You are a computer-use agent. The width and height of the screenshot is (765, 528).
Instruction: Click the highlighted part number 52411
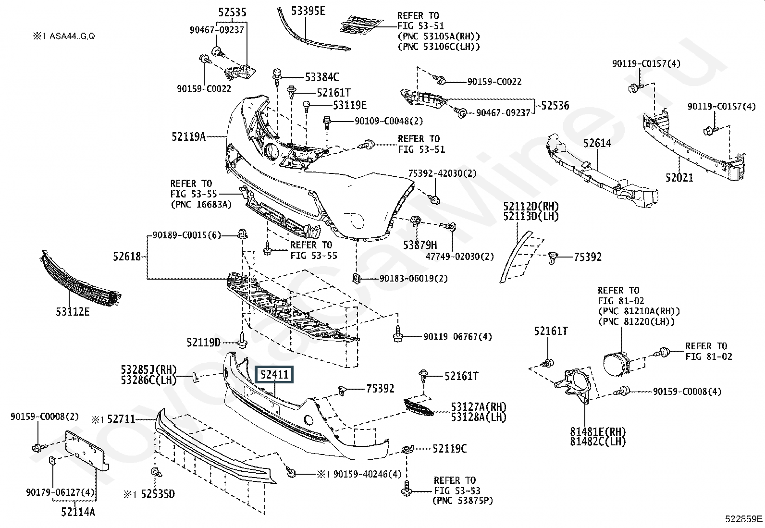[x=274, y=374]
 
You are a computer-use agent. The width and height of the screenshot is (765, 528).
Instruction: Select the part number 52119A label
[x=188, y=137]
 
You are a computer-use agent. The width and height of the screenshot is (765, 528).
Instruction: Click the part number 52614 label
[x=597, y=143]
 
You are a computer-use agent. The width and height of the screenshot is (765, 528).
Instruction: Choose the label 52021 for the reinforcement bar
[x=679, y=177]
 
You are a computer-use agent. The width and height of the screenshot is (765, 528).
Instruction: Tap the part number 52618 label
[x=127, y=257]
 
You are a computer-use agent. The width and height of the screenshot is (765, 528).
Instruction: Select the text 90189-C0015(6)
[x=187, y=235]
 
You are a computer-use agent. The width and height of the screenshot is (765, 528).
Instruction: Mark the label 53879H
[x=420, y=245]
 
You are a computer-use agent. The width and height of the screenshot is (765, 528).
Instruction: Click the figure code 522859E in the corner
[x=744, y=519]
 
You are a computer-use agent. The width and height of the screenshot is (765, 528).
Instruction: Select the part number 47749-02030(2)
[x=459, y=257]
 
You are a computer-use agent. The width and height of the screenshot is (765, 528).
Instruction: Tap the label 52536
[x=555, y=106]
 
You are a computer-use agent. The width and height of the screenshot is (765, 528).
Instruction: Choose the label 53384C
[x=322, y=77]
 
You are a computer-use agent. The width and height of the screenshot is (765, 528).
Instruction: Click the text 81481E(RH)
[x=598, y=431]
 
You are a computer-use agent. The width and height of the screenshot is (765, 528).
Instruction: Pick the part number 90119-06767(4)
[x=457, y=337]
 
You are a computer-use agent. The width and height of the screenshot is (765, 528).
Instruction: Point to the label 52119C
[x=449, y=449]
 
